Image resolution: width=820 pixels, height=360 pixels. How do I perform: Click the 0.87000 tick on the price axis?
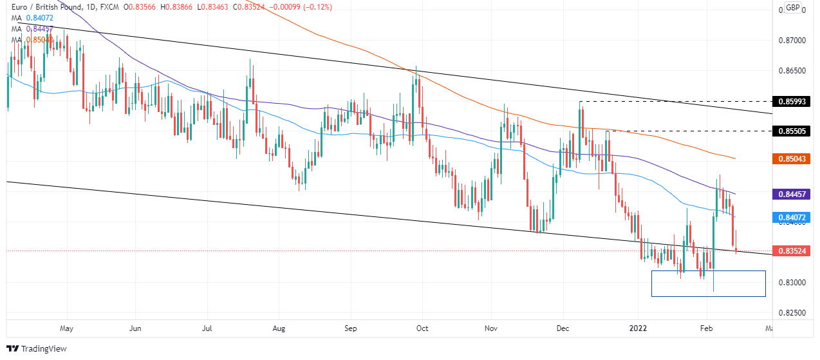point(792,41)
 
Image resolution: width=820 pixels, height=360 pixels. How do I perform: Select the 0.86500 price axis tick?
point(792,71)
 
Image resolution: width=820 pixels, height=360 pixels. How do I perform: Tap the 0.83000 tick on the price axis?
point(792,283)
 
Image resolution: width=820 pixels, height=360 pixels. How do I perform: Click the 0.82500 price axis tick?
point(792,313)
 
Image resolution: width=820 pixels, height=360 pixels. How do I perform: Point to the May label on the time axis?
point(66,328)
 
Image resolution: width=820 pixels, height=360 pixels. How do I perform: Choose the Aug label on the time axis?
point(279,328)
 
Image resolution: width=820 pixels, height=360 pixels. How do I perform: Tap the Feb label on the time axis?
point(706,328)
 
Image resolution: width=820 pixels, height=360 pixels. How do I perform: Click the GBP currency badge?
point(793,8)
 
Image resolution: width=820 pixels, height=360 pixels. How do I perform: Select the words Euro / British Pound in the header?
point(44,7)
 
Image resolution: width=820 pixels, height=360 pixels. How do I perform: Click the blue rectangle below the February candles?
point(708,284)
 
